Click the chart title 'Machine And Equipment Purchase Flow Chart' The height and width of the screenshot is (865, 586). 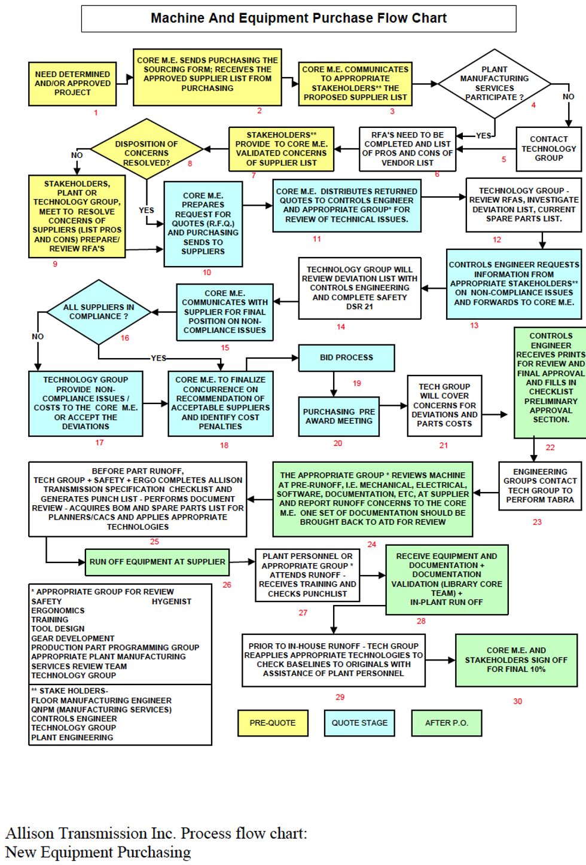click(x=298, y=19)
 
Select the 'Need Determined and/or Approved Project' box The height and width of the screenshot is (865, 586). click(x=72, y=84)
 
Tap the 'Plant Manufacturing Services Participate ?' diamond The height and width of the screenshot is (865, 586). click(x=494, y=84)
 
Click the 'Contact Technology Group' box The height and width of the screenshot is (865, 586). click(x=548, y=149)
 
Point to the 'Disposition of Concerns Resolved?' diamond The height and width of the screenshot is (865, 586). click(x=146, y=153)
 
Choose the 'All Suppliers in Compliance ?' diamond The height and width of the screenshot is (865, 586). click(x=99, y=311)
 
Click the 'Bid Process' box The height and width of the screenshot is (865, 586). click(x=346, y=357)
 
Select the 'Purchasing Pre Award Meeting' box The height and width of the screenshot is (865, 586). click(x=339, y=416)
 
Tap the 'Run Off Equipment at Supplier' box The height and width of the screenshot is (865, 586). click(x=157, y=562)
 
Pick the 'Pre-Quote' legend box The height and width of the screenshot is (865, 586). click(x=273, y=723)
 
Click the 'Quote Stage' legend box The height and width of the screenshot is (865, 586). click(x=359, y=723)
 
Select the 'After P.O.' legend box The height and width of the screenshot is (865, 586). click(x=446, y=723)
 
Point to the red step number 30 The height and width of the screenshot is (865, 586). click(x=518, y=701)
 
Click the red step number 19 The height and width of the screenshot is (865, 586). click(x=357, y=383)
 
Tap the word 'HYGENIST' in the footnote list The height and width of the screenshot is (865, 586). click(x=172, y=601)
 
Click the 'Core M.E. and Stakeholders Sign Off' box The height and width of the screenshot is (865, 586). click(x=516, y=659)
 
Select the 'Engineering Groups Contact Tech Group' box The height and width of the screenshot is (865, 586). click(x=540, y=485)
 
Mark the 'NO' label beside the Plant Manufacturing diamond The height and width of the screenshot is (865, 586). click(x=568, y=96)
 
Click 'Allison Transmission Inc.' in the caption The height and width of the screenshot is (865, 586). click(x=90, y=833)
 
